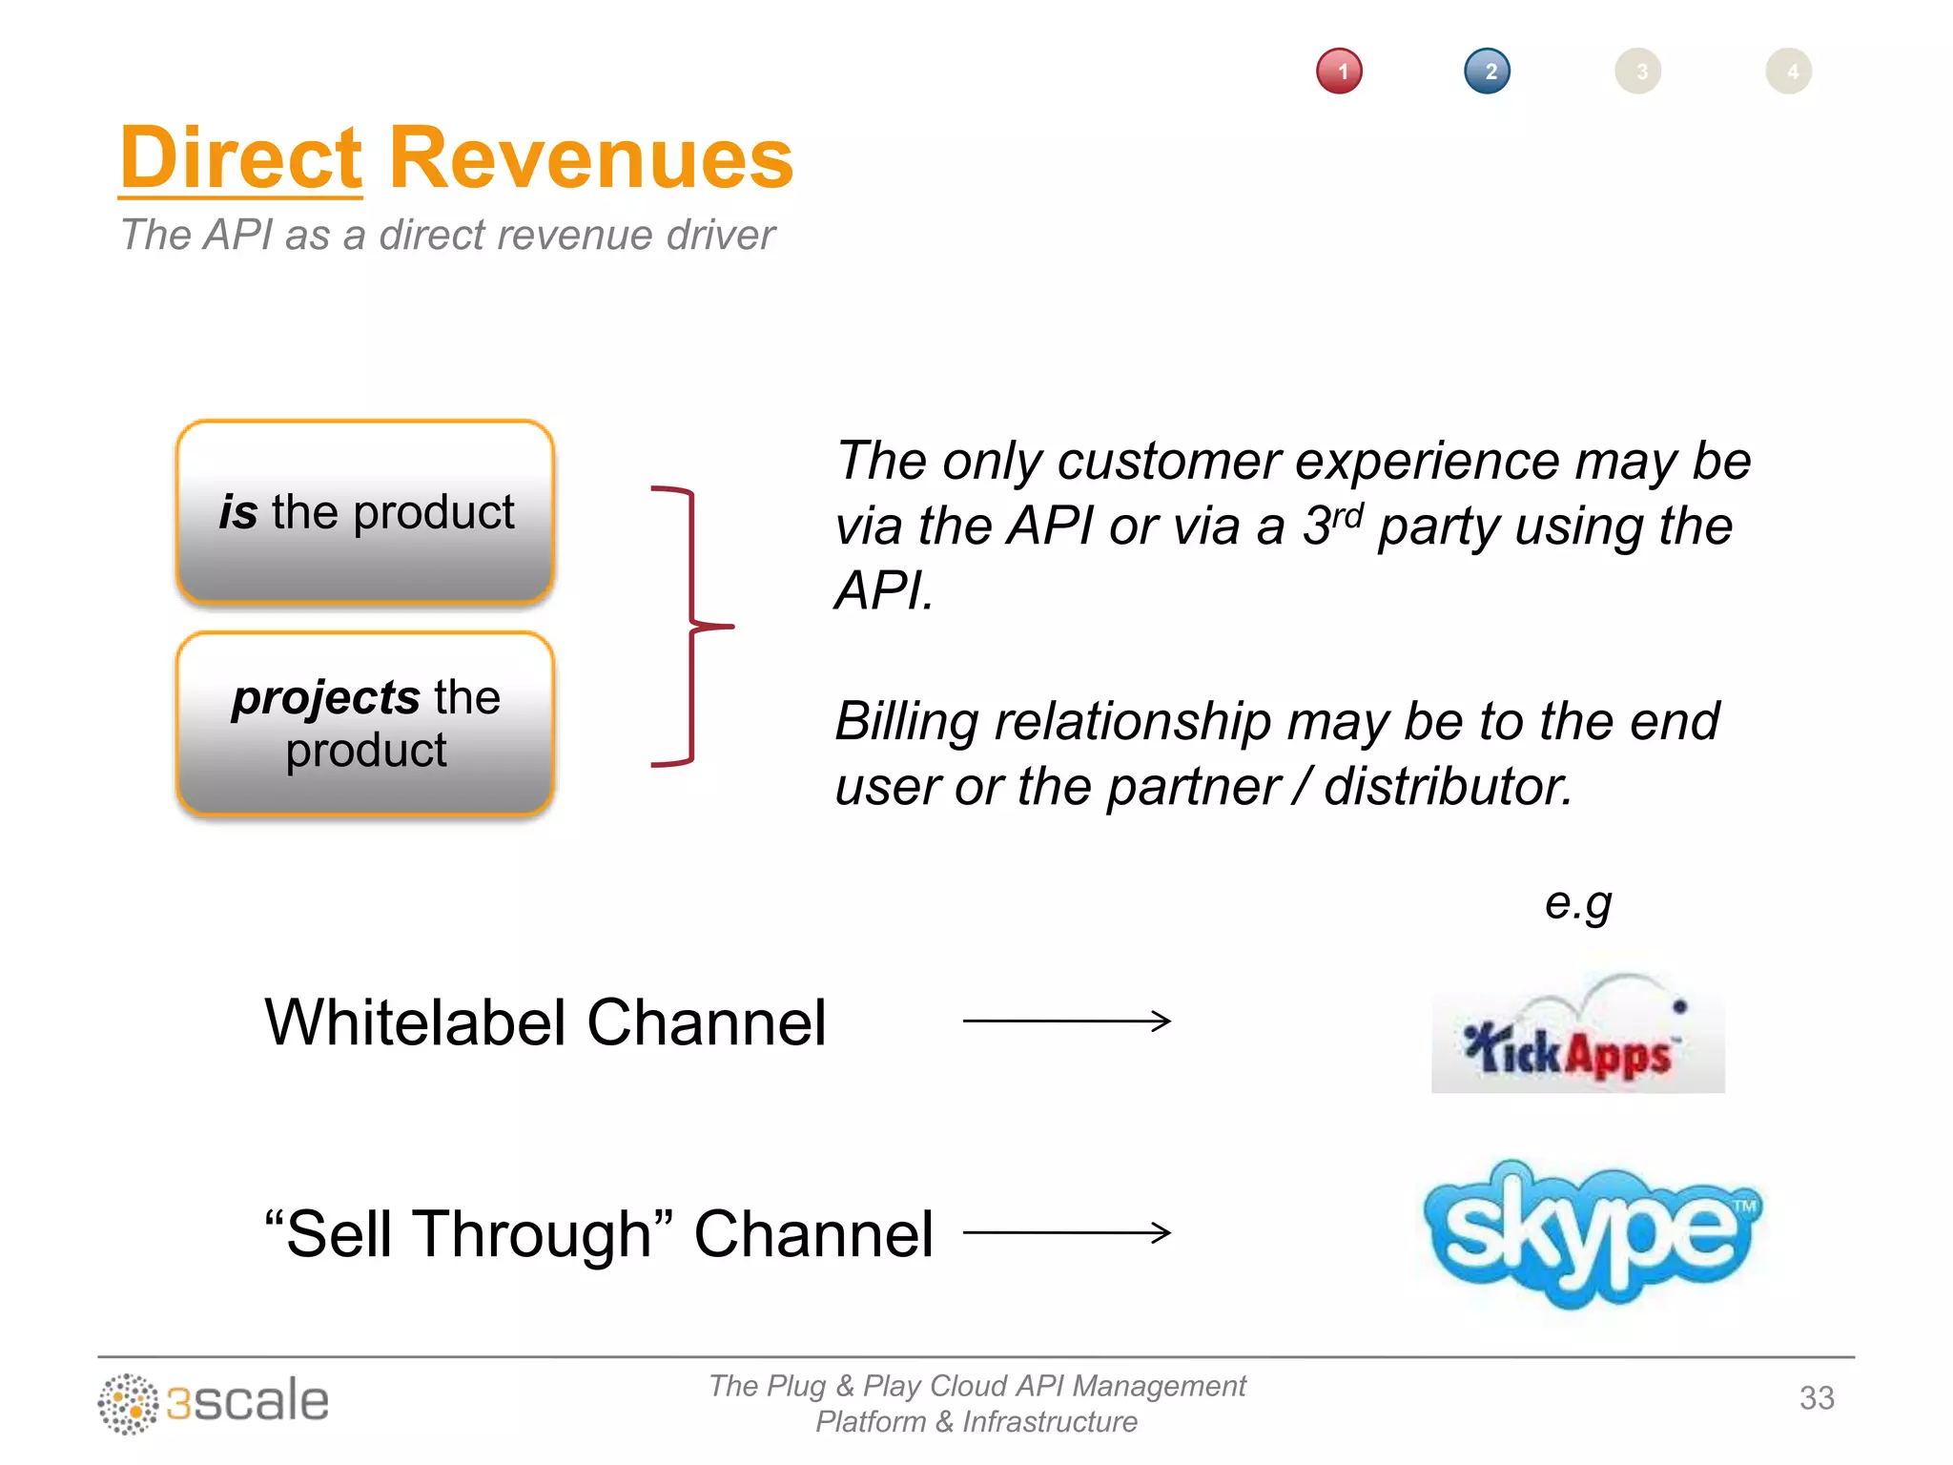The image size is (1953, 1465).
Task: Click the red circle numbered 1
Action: (1339, 72)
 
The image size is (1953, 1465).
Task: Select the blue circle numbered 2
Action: (1487, 72)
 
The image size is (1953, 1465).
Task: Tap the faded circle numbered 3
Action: (1637, 72)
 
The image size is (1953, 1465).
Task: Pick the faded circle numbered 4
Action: (1788, 72)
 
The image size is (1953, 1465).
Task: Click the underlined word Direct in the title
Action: (240, 158)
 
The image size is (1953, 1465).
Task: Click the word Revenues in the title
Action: (590, 158)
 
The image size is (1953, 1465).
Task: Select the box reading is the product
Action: (365, 512)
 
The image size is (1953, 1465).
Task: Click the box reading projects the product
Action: (365, 723)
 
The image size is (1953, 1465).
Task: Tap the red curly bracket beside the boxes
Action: (691, 626)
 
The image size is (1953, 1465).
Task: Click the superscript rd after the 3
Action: (1347, 515)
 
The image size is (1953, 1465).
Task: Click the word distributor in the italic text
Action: (1447, 787)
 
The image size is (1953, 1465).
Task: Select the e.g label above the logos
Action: (1577, 902)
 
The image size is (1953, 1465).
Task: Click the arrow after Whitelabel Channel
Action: (1066, 1021)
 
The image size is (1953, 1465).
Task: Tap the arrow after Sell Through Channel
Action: (1066, 1232)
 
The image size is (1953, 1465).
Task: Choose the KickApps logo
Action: (1577, 1040)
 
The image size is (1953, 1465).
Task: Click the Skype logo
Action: (1591, 1232)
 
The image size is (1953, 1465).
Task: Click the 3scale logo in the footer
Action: (214, 1402)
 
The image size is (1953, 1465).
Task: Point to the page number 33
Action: (1816, 1398)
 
